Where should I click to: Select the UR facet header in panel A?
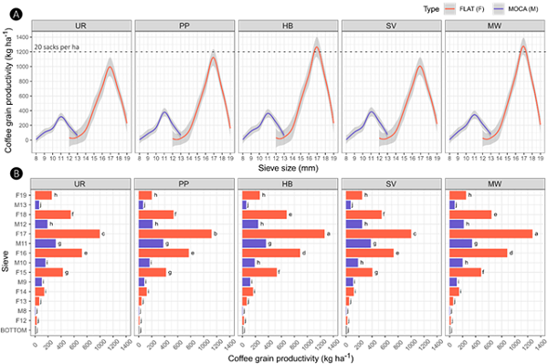point(81,27)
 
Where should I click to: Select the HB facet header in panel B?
point(287,182)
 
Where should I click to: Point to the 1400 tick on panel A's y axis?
point(23,36)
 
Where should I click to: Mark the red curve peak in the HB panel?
point(317,47)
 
